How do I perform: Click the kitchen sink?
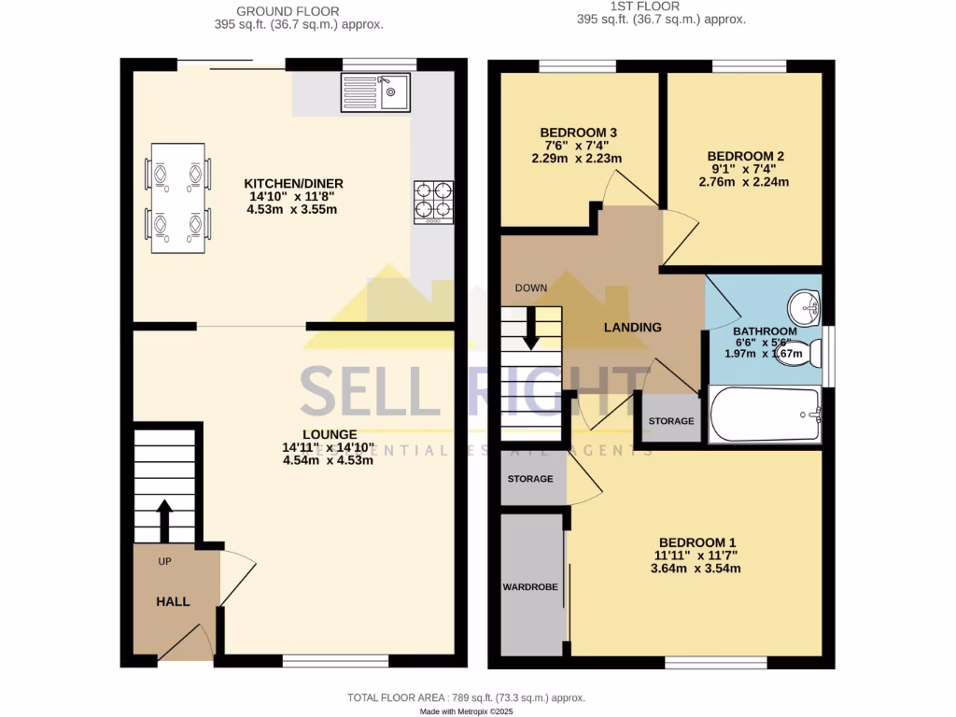click(377, 91)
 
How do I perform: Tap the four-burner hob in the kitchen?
click(433, 202)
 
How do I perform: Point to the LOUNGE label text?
click(329, 434)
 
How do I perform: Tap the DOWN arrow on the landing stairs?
click(531, 330)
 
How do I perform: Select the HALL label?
click(173, 601)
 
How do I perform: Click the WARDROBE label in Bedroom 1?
click(530, 587)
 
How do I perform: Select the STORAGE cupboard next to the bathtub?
click(671, 421)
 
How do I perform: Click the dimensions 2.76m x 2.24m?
click(743, 182)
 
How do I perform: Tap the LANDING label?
click(632, 327)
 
